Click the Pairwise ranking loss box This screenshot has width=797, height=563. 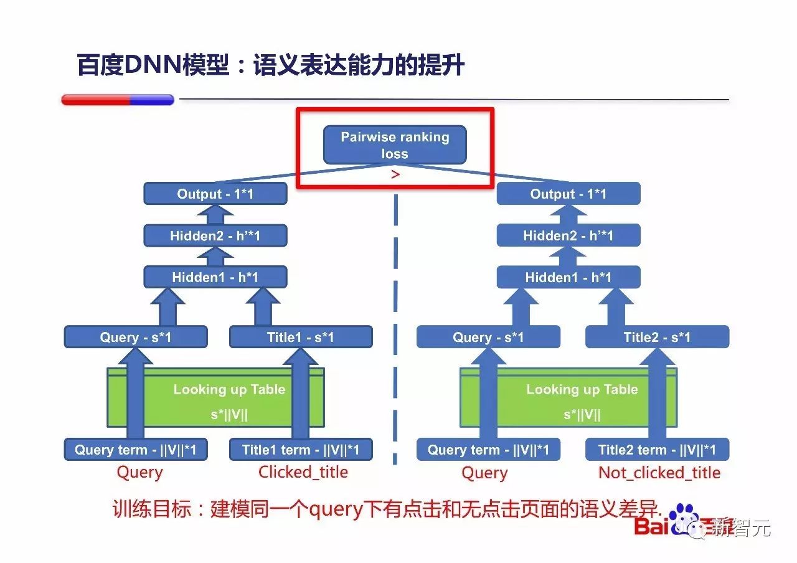pyautogui.click(x=395, y=145)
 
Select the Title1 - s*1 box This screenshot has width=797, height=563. pyautogui.click(x=301, y=338)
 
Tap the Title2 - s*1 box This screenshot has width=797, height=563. pyautogui.click(x=657, y=338)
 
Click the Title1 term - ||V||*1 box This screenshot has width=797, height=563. pyautogui.click(x=301, y=450)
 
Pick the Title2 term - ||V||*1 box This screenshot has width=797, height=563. pyautogui.click(x=657, y=450)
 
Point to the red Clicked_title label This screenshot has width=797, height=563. pyautogui.click(x=303, y=472)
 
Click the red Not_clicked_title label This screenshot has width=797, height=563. pyautogui.click(x=659, y=473)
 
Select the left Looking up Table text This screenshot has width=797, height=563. pyautogui.click(x=229, y=390)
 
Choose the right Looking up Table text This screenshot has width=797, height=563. pyautogui.click(x=582, y=390)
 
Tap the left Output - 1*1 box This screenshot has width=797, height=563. pyautogui.click(x=215, y=194)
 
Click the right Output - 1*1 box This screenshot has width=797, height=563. pyautogui.click(x=568, y=194)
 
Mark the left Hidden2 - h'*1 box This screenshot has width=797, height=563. pyautogui.click(x=215, y=235)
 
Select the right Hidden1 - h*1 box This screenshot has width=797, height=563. pyautogui.click(x=568, y=277)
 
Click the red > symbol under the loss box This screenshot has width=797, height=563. pyautogui.click(x=395, y=175)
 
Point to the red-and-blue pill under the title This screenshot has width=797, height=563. pyautogui.click(x=118, y=100)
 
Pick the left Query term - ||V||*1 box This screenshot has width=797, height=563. pyautogui.click(x=136, y=450)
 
